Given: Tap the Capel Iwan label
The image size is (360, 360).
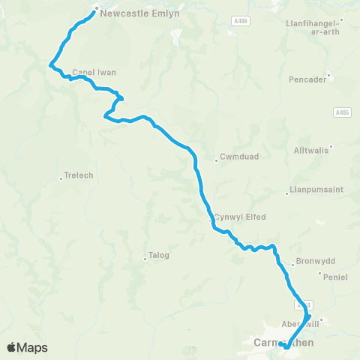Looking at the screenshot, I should pos(94,73).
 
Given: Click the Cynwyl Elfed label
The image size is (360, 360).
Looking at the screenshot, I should pos(241,217).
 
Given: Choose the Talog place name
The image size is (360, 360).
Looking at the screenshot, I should pos(159,255).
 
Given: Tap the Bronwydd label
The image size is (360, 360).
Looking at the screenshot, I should pos(313,262).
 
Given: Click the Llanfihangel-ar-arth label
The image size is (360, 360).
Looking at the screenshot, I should pos(313,27).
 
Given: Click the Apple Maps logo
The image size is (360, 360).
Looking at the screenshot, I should pos(27,347).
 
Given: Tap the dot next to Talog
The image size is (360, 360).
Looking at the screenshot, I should pos(145,260).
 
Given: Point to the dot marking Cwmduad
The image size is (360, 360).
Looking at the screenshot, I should pos(216,158).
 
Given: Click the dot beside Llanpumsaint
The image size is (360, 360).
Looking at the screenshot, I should pos(286,193).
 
